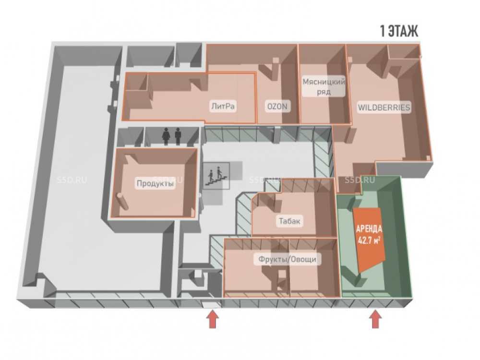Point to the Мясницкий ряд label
(324, 86)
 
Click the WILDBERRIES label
(384, 108)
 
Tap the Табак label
(289, 221)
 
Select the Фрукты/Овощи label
(288, 259)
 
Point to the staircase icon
(216, 176)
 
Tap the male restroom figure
(178, 135)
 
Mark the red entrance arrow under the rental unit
(375, 319)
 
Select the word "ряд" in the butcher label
(324, 92)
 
